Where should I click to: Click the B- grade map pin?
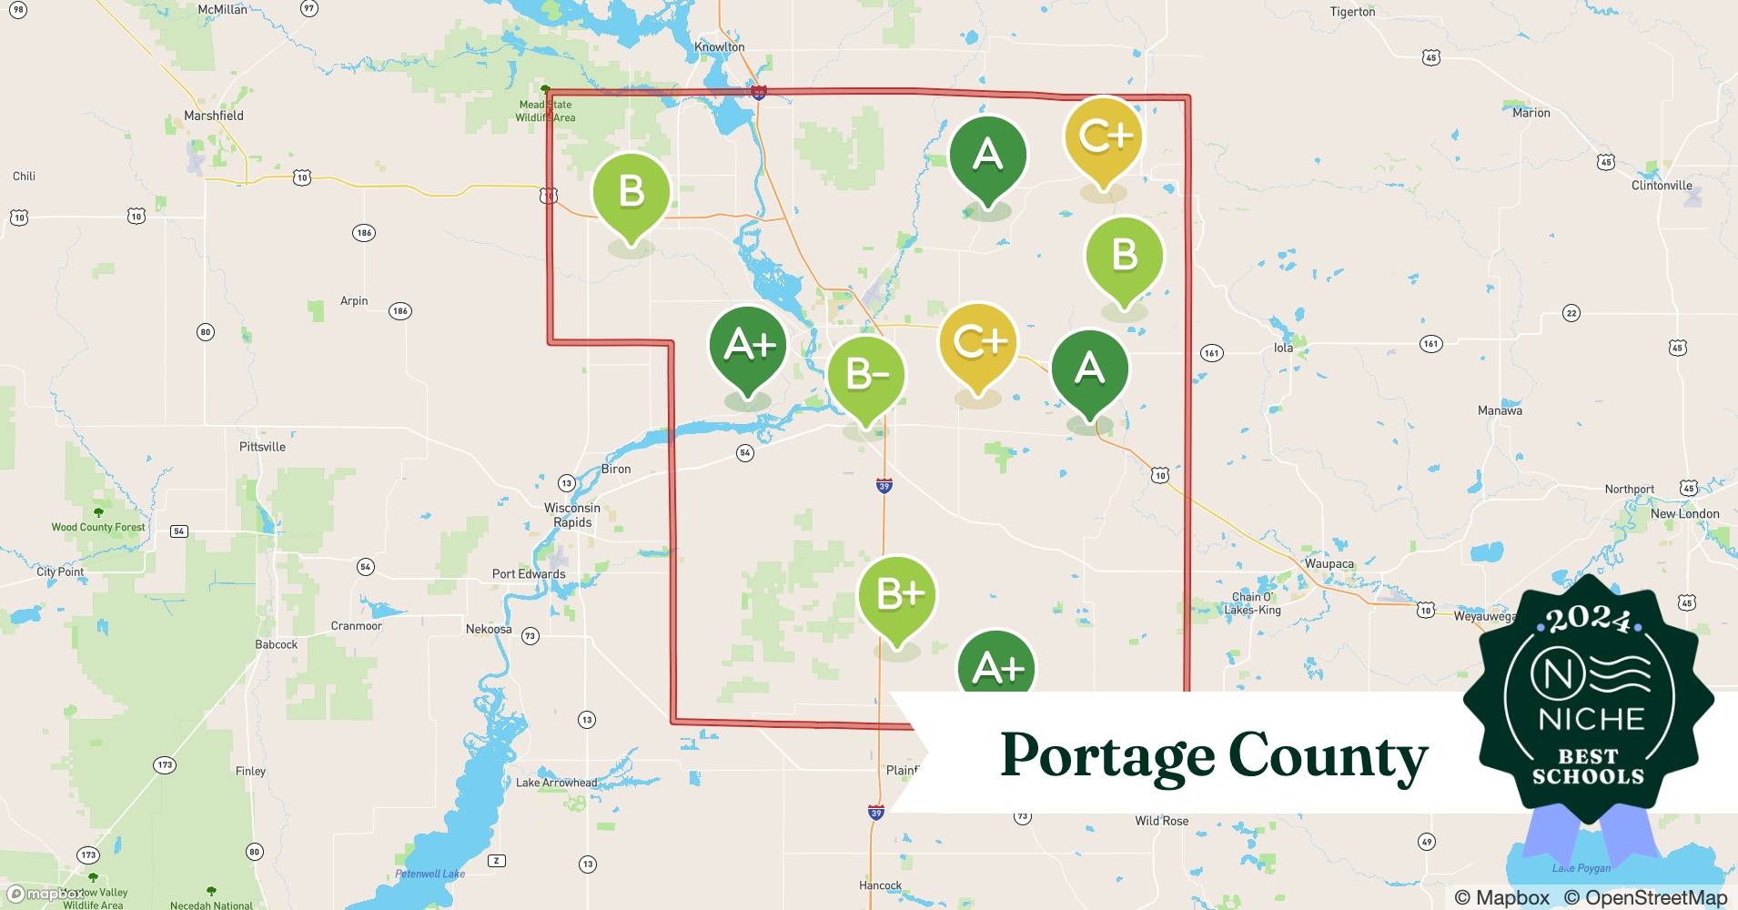pyautogui.click(x=865, y=375)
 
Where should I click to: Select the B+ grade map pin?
pyautogui.click(x=897, y=595)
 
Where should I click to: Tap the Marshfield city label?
pyautogui.click(x=214, y=116)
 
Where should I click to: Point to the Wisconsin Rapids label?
pyautogui.click(x=572, y=515)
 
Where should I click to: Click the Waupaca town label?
pyautogui.click(x=1329, y=563)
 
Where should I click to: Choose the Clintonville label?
pyautogui.click(x=1662, y=186)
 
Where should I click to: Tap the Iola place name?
pyautogui.click(x=1283, y=348)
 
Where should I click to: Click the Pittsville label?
pyautogui.click(x=262, y=447)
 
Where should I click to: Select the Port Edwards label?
pyautogui.click(x=529, y=574)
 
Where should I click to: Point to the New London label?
pyautogui.click(x=1684, y=513)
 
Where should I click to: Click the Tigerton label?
pyautogui.click(x=1352, y=12)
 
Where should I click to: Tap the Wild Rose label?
pyautogui.click(x=1161, y=821)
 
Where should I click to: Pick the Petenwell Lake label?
pyautogui.click(x=429, y=874)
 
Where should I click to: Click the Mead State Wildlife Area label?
pyautogui.click(x=545, y=111)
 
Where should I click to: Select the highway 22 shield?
pyautogui.click(x=1571, y=314)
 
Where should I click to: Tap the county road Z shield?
pyautogui.click(x=496, y=861)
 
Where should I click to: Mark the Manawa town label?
pyautogui.click(x=1500, y=410)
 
